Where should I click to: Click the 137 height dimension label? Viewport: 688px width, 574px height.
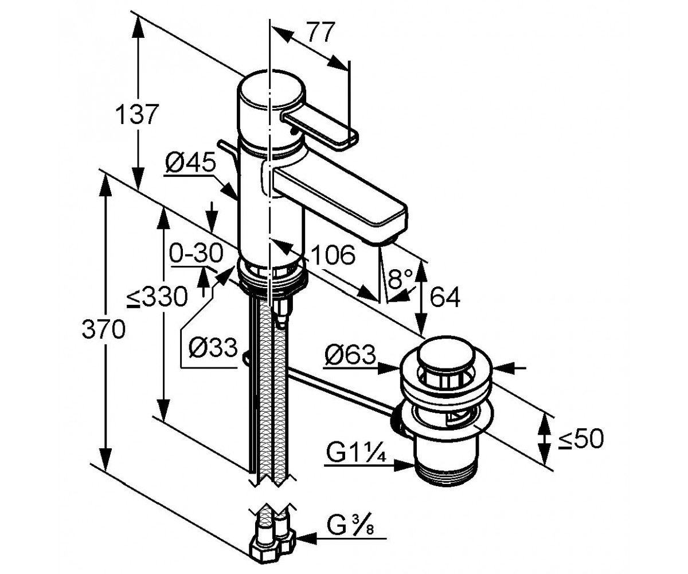click(137, 114)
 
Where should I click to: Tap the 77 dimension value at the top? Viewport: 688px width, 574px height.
click(320, 32)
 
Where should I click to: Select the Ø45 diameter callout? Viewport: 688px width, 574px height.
click(191, 162)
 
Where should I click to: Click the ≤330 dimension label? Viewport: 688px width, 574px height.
click(158, 296)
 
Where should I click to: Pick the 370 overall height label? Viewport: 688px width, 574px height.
click(103, 329)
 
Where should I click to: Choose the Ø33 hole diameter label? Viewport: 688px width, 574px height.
click(213, 347)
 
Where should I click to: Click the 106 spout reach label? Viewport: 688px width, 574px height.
click(333, 255)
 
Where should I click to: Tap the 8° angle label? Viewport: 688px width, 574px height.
click(400, 279)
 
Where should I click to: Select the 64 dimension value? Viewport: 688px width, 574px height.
click(445, 297)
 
